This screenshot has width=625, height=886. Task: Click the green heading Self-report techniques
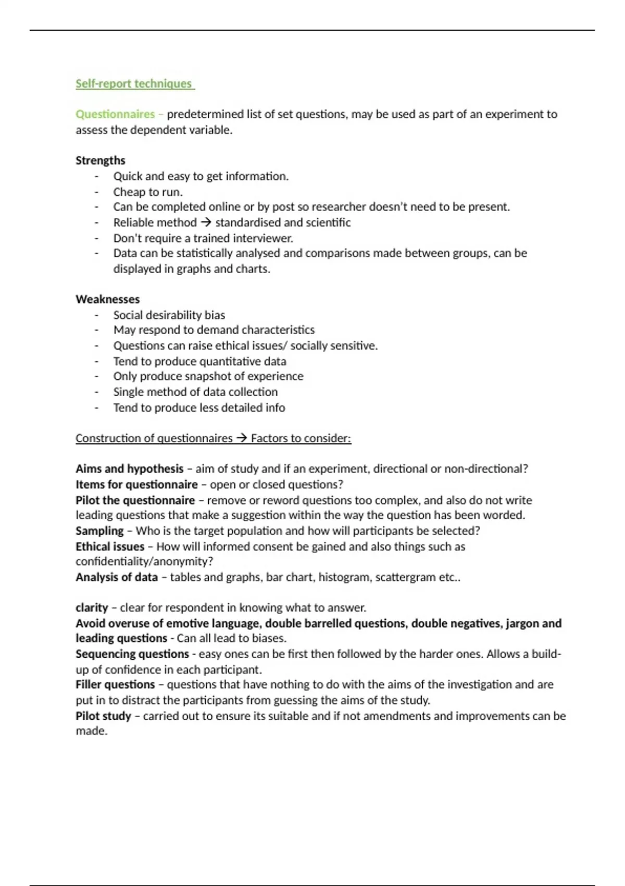pyautogui.click(x=134, y=84)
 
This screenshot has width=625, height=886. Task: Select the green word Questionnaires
pyautogui.click(x=115, y=114)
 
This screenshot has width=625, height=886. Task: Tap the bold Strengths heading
pyautogui.click(x=101, y=161)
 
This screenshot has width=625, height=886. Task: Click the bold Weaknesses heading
pyautogui.click(x=108, y=299)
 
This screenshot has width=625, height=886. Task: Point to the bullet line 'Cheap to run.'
pyautogui.click(x=148, y=192)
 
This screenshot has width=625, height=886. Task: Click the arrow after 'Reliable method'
pyautogui.click(x=206, y=223)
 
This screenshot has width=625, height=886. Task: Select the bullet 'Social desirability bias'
pyautogui.click(x=169, y=315)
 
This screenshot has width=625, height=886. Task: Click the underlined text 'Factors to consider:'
pyautogui.click(x=301, y=438)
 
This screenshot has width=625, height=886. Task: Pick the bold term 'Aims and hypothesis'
pyautogui.click(x=130, y=469)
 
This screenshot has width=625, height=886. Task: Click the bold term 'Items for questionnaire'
pyautogui.click(x=136, y=484)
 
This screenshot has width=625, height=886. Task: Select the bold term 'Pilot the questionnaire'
pyautogui.click(x=135, y=500)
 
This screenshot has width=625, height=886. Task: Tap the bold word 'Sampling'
pyautogui.click(x=99, y=531)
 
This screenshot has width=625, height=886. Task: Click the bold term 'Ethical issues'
pyautogui.click(x=110, y=547)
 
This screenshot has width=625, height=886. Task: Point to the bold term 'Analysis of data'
pyautogui.click(x=117, y=577)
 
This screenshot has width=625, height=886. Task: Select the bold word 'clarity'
pyautogui.click(x=92, y=608)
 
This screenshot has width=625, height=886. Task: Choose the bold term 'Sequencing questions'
pyautogui.click(x=132, y=654)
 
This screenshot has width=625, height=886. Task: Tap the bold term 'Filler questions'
pyautogui.click(x=115, y=684)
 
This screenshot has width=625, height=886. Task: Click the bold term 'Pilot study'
pyautogui.click(x=103, y=716)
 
